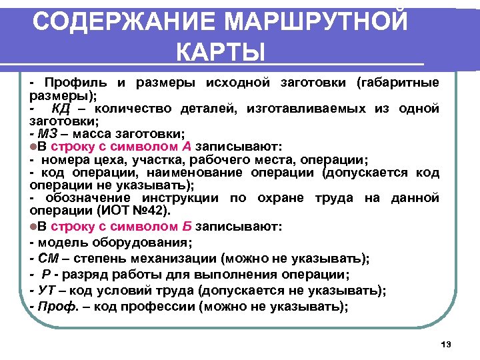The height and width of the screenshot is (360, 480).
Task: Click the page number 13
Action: pos(446,344)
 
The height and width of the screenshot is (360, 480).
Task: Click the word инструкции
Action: pos(179,199)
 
